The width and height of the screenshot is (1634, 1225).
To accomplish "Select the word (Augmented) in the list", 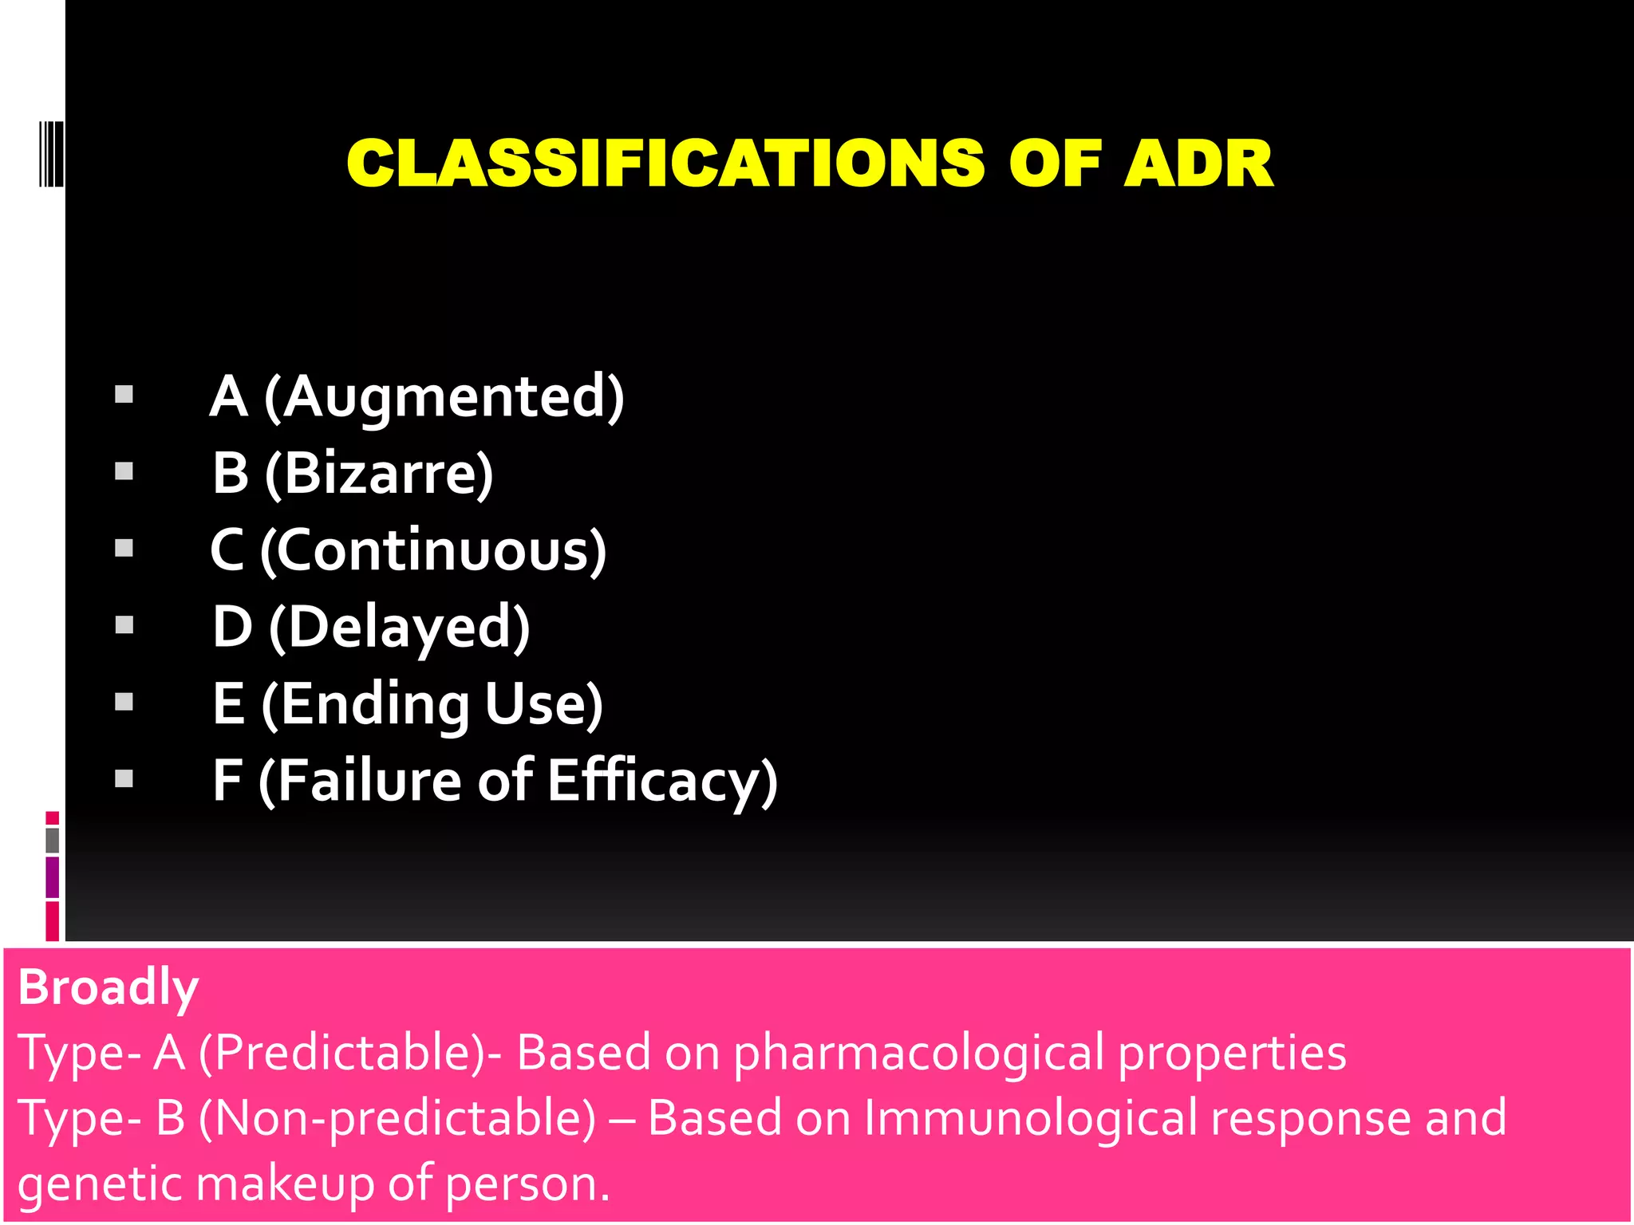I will click(444, 397).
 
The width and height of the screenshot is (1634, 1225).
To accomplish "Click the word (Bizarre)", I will click(379, 474).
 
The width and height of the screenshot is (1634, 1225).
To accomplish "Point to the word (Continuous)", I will click(433, 550).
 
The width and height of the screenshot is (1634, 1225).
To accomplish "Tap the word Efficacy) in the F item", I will click(662, 780).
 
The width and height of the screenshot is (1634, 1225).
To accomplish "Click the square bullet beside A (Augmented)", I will click(124, 395).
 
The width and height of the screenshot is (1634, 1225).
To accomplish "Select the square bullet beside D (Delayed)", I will click(124, 624).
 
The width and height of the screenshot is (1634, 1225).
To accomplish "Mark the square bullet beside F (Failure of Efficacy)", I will click(124, 778).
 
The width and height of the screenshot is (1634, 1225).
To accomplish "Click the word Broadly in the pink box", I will click(108, 987).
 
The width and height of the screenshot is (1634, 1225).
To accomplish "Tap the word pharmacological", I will click(918, 1053).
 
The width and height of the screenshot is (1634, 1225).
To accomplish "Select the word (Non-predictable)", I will click(397, 1118).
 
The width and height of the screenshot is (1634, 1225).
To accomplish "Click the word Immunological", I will click(1030, 1118).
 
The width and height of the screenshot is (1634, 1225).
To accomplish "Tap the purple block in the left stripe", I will click(53, 877).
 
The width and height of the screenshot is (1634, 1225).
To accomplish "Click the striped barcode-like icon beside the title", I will click(50, 153).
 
